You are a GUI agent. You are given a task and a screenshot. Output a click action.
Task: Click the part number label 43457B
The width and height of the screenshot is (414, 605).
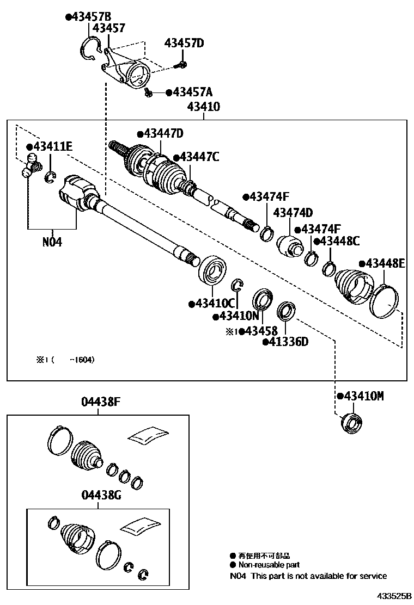click(x=90, y=17)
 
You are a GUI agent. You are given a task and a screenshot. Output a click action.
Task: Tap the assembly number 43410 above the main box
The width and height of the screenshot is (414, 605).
click(x=203, y=107)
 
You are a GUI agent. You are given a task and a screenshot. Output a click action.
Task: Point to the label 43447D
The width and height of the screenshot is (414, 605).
click(x=162, y=134)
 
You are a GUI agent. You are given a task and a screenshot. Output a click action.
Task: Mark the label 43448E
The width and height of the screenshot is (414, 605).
click(x=386, y=263)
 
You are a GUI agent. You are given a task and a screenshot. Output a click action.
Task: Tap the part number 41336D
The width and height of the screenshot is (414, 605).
click(x=287, y=342)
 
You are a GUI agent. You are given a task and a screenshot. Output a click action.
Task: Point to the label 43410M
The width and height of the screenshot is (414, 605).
click(x=362, y=396)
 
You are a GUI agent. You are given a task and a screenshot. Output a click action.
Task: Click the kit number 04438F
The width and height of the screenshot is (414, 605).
click(x=100, y=403)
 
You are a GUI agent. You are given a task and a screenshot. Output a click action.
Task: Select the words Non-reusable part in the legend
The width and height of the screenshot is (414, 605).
click(x=269, y=565)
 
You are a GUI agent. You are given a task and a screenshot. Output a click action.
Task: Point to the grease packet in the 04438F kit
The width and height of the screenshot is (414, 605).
click(x=147, y=435)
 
